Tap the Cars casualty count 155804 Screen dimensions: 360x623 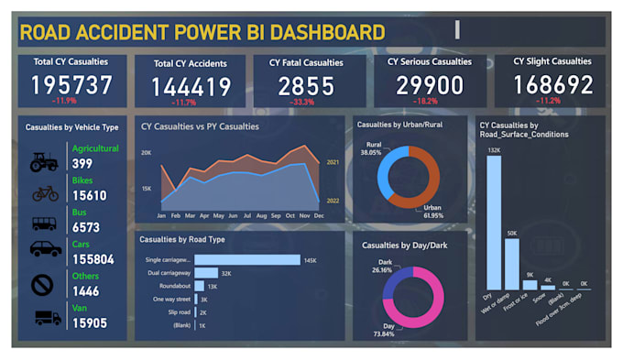click(92, 260)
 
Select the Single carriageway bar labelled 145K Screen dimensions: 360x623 click(246, 260)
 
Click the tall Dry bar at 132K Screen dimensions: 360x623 click(494, 221)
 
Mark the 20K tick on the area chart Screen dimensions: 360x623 click(147, 153)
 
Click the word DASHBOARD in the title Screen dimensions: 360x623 click(309, 33)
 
